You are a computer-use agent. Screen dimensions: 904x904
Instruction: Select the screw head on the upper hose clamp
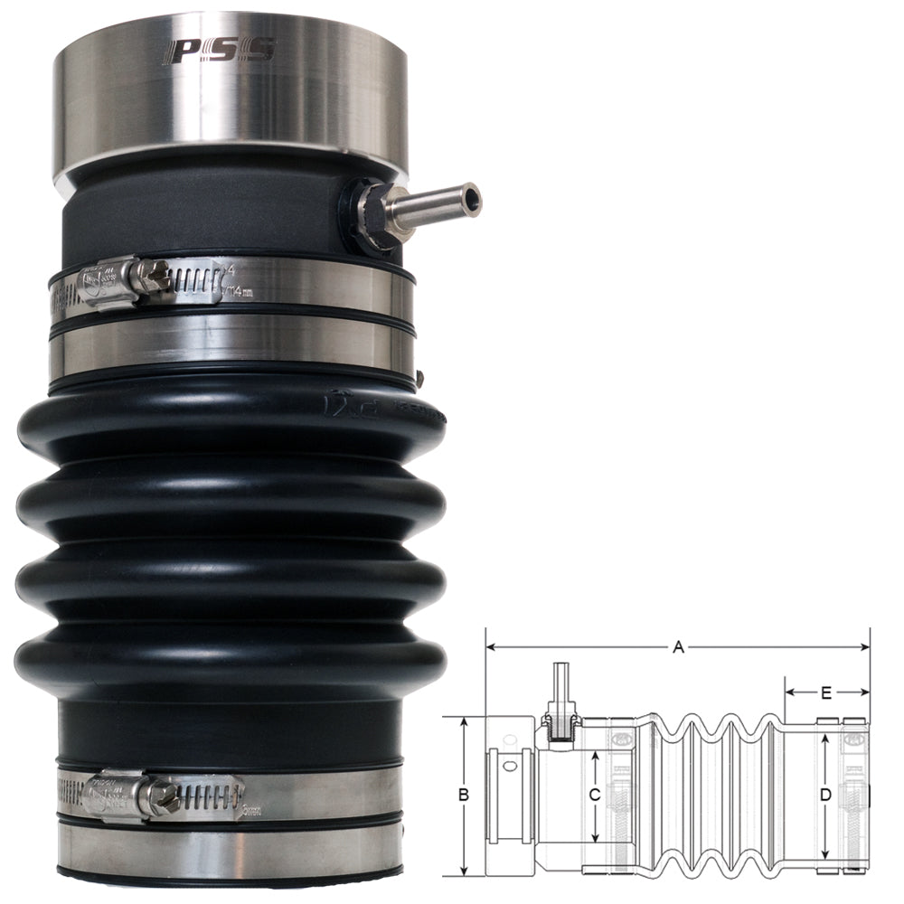(154, 275)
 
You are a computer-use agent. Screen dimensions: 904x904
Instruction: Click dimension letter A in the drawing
(678, 646)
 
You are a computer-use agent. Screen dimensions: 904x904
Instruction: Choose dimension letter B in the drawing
(464, 796)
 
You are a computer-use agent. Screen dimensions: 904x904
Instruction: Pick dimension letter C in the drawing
(594, 796)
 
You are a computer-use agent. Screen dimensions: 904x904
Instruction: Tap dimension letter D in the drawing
(825, 796)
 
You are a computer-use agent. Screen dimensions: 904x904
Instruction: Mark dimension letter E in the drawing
(825, 693)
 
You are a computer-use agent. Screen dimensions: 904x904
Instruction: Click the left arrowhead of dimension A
(490, 646)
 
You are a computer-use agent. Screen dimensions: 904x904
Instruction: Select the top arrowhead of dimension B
(464, 721)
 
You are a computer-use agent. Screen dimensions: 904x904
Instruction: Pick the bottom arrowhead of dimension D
(825, 855)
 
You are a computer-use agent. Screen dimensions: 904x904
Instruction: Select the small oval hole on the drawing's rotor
(512, 767)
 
